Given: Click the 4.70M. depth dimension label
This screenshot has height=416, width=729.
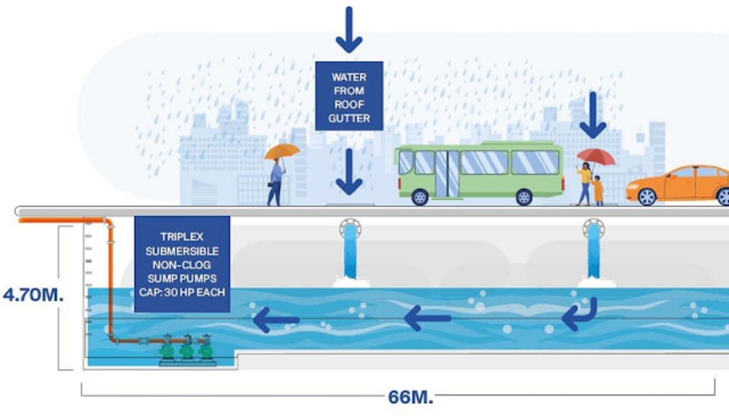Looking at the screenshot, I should point(33,294).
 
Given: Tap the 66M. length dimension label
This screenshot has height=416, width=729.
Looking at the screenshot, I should point(411,397).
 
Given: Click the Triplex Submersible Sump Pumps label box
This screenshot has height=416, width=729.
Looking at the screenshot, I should point(182,263).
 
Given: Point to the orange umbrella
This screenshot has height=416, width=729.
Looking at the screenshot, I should point(283,151).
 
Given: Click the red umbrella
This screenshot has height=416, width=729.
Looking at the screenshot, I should point(595,156).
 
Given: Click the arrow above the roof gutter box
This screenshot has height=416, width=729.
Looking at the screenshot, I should point(349,30).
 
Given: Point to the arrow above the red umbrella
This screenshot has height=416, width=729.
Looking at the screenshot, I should point(592,115).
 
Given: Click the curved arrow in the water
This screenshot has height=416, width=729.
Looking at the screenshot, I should point(579,315).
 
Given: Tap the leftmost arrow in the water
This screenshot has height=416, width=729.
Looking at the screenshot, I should point(276,319).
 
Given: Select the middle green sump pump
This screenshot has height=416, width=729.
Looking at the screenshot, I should point(187,349).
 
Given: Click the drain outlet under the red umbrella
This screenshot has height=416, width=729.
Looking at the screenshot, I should point(593,229).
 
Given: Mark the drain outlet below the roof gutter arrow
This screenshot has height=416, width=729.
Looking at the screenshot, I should point(350,229).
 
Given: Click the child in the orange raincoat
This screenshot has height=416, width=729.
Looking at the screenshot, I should point(598,191).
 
